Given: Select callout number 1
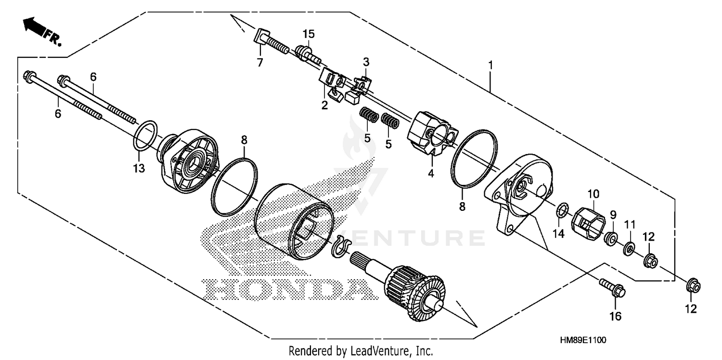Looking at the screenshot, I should (490, 64).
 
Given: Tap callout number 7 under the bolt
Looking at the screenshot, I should (260, 62).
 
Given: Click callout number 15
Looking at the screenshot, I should (308, 34).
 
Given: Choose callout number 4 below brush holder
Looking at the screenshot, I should (431, 173).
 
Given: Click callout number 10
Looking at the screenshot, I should (593, 194).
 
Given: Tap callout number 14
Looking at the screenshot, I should (558, 234).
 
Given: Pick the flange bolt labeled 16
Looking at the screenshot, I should (612, 287).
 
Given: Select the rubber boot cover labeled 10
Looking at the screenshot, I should (590, 224).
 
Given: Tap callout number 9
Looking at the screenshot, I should (613, 214).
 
